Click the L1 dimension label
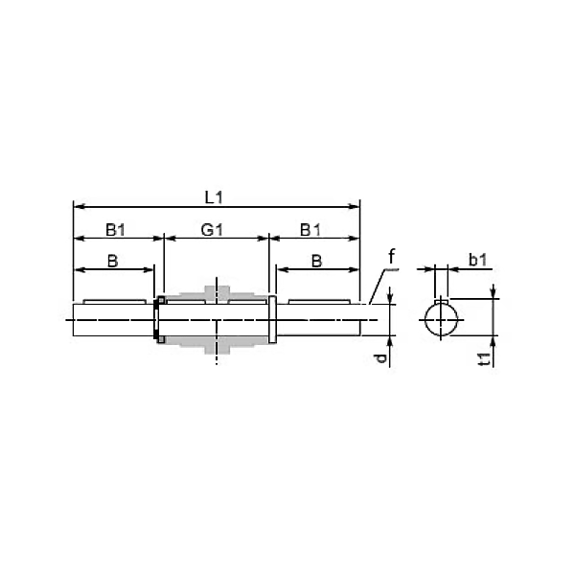(x=214, y=198)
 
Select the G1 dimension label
(x=212, y=230)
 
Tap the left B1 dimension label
(x=116, y=230)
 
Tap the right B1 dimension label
(x=310, y=230)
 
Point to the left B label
(x=112, y=262)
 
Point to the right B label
(x=317, y=262)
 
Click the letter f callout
(x=391, y=256)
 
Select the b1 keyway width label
(x=478, y=260)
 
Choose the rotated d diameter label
(x=381, y=358)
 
